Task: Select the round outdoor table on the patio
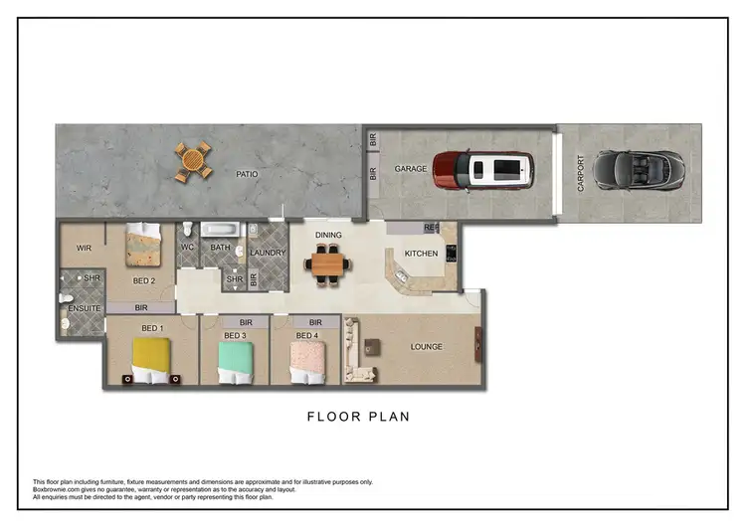pyautogui.click(x=194, y=161)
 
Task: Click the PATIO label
pyautogui.click(x=247, y=175)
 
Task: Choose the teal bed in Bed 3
pyautogui.click(x=235, y=361)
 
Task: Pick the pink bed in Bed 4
pyautogui.click(x=307, y=361)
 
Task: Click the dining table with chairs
pyautogui.click(x=328, y=265)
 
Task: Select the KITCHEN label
pyautogui.click(x=421, y=254)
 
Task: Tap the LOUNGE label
pyautogui.click(x=426, y=347)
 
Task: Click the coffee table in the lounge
pyautogui.click(x=371, y=347)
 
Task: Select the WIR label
pyautogui.click(x=85, y=248)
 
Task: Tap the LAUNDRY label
pyautogui.click(x=268, y=253)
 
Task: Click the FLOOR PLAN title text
pyautogui.click(x=358, y=417)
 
